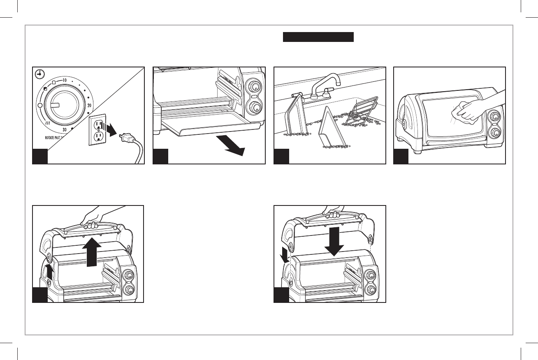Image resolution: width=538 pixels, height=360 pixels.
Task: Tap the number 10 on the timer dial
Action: (65, 79)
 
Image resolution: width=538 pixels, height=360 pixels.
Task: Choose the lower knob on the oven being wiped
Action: (495, 133)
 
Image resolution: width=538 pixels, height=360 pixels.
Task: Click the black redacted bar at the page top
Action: (318, 37)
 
